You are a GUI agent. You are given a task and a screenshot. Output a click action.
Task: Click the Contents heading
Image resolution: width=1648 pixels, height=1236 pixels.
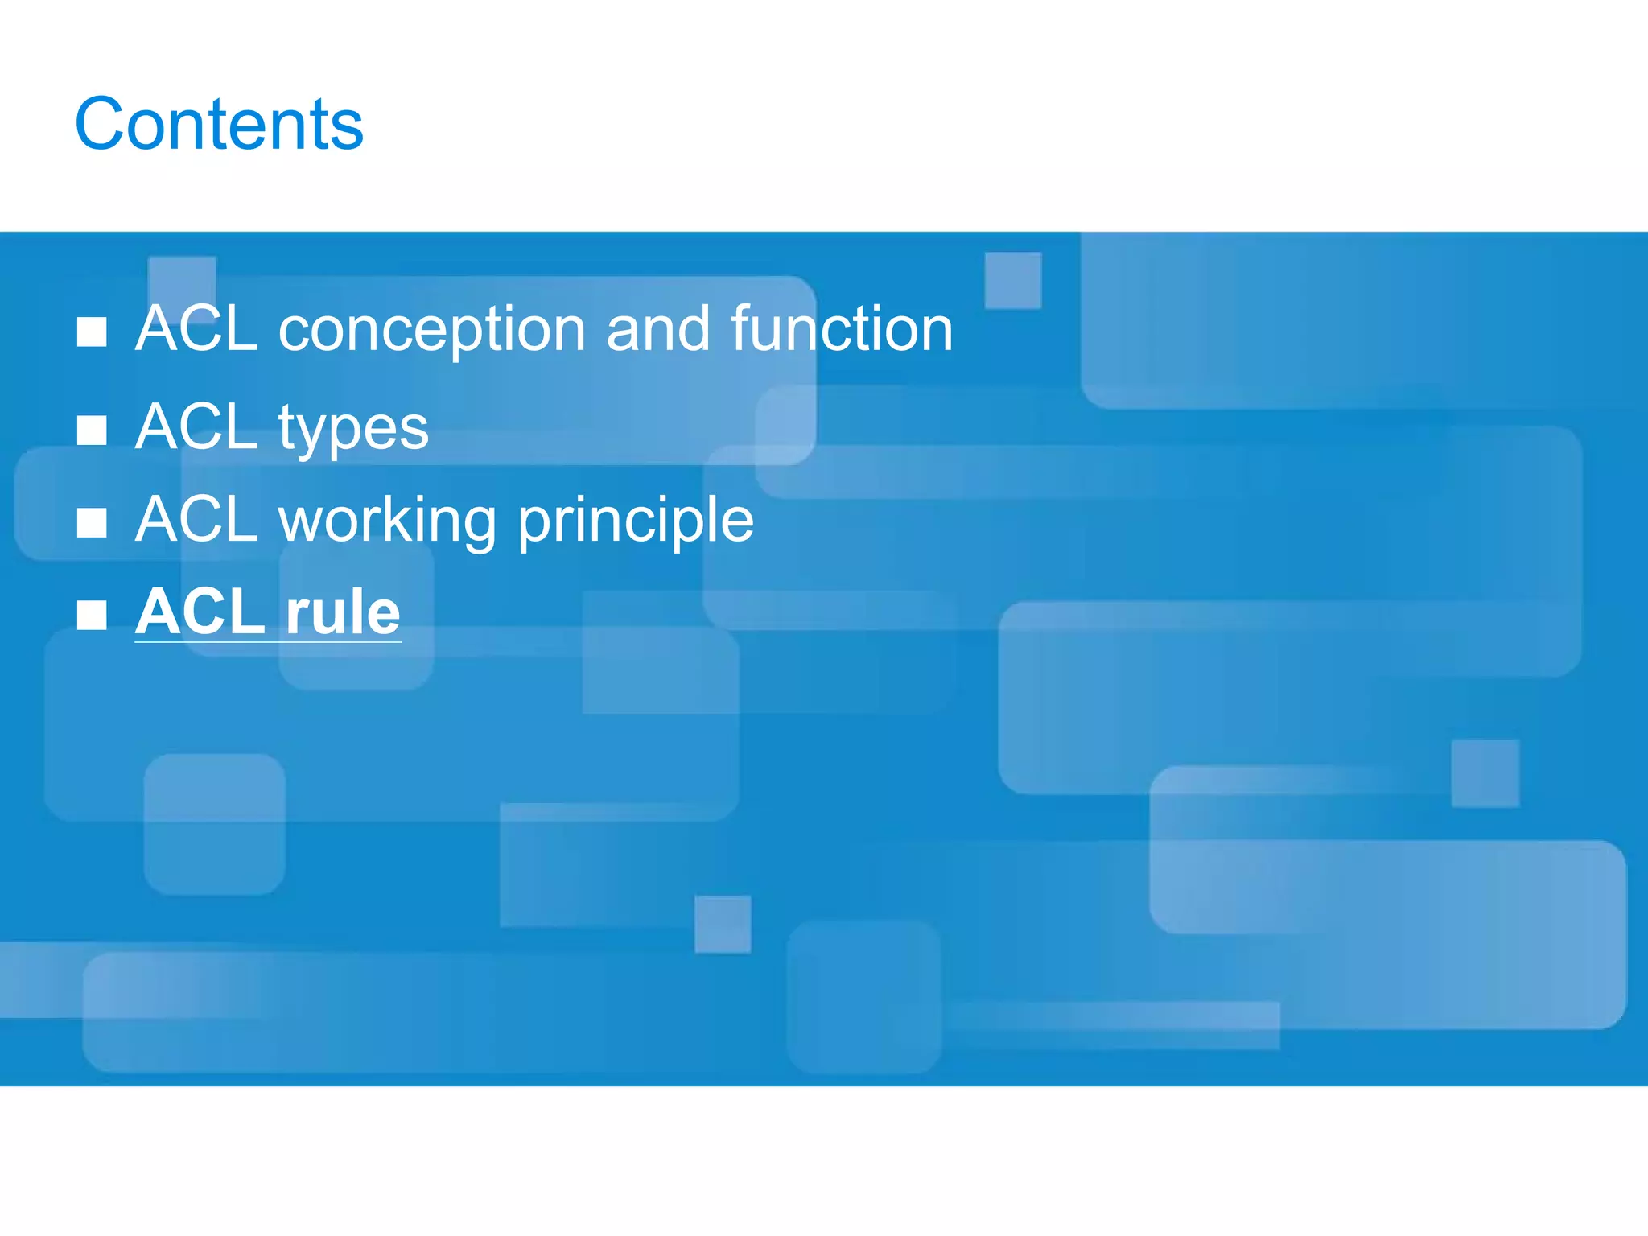[219, 124]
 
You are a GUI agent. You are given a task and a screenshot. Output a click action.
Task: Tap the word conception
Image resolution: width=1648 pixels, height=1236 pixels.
[431, 330]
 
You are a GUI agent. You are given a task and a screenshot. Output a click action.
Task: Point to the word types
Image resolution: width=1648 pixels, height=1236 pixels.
[353, 429]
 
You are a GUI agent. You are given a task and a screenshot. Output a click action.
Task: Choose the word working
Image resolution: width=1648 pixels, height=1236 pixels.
[387, 521]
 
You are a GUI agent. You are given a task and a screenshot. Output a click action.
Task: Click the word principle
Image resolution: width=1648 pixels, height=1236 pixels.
[636, 521]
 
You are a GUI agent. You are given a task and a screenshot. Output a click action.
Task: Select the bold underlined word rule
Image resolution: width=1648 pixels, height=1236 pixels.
[343, 612]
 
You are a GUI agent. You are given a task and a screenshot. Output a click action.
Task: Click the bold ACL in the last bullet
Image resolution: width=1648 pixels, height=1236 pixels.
[200, 612]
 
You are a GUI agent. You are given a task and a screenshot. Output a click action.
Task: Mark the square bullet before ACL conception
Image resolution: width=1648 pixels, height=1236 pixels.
[92, 332]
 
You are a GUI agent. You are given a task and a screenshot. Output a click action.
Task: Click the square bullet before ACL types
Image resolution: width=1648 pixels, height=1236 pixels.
[92, 431]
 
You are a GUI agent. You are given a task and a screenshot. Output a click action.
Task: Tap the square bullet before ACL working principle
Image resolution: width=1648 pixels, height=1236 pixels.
[92, 523]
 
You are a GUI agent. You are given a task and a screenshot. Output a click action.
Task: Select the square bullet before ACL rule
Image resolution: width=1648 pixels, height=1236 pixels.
[92, 616]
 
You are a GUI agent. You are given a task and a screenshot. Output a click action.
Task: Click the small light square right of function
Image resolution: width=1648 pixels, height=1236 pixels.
[1013, 280]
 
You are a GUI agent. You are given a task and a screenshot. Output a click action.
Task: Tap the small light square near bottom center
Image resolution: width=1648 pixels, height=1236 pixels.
[723, 924]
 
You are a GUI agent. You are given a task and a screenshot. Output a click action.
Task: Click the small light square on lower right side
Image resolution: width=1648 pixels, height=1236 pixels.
[1485, 773]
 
